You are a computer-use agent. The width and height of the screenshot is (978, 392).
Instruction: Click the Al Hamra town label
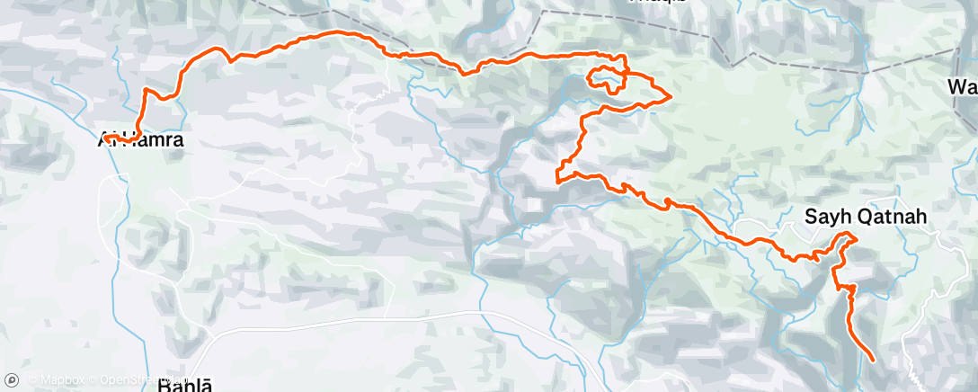[x=141, y=140]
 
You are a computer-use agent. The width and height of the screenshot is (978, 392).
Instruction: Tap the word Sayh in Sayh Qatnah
[x=823, y=218]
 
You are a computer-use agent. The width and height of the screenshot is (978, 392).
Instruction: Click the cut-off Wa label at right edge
[x=963, y=87]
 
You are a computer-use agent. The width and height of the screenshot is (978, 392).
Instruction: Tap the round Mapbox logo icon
[x=12, y=381]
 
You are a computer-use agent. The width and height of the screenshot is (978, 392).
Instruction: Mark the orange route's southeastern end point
[x=873, y=361]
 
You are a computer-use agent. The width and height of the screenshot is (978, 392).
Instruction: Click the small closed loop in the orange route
[x=606, y=79]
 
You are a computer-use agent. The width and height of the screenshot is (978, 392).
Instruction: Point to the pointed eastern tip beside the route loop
[x=671, y=97]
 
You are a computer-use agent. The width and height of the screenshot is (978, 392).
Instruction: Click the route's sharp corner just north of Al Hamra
[x=146, y=88]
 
